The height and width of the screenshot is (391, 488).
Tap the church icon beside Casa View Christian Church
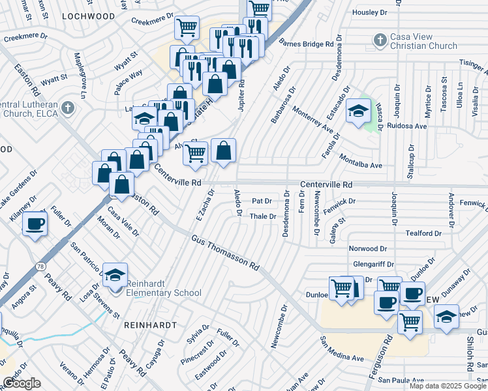pos(380,40)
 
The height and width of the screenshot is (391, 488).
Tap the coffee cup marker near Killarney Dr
pos(35,225)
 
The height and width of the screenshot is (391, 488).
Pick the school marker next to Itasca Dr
pos(358,111)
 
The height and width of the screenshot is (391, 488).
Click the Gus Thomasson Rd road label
pos(225,254)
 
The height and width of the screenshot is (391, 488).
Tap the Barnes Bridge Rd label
pos(306,44)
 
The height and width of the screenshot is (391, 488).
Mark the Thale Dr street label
pos(264,216)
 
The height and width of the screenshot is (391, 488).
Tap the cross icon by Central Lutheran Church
pos(67,106)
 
